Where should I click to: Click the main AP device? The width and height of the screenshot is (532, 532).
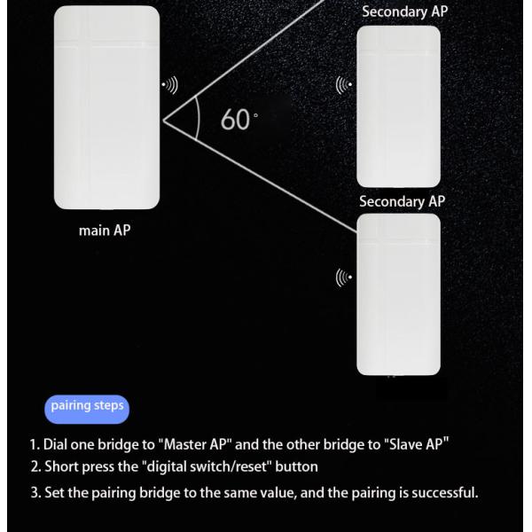[106, 107]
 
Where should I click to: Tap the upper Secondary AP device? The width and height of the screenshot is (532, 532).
[399, 106]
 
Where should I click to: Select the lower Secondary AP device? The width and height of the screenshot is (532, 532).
[399, 294]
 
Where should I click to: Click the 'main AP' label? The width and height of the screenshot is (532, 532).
[105, 231]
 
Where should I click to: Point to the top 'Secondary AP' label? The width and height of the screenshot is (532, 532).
[405, 12]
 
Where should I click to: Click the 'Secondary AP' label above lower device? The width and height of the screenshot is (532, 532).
[402, 201]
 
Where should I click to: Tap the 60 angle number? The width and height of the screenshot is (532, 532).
[235, 120]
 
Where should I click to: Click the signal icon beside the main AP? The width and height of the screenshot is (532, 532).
[169, 85]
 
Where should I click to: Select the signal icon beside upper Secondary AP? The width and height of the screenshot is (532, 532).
[344, 85]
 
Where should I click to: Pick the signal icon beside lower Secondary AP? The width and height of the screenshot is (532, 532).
[344, 278]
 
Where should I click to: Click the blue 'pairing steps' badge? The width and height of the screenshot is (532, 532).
[87, 409]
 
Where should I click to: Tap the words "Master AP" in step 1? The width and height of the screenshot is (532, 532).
[195, 444]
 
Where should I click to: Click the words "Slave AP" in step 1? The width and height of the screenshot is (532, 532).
[417, 444]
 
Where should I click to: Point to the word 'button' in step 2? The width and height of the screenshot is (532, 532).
[296, 467]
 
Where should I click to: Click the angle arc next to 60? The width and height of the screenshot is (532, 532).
[198, 119]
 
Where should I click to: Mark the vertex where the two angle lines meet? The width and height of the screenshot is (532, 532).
[163, 121]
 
